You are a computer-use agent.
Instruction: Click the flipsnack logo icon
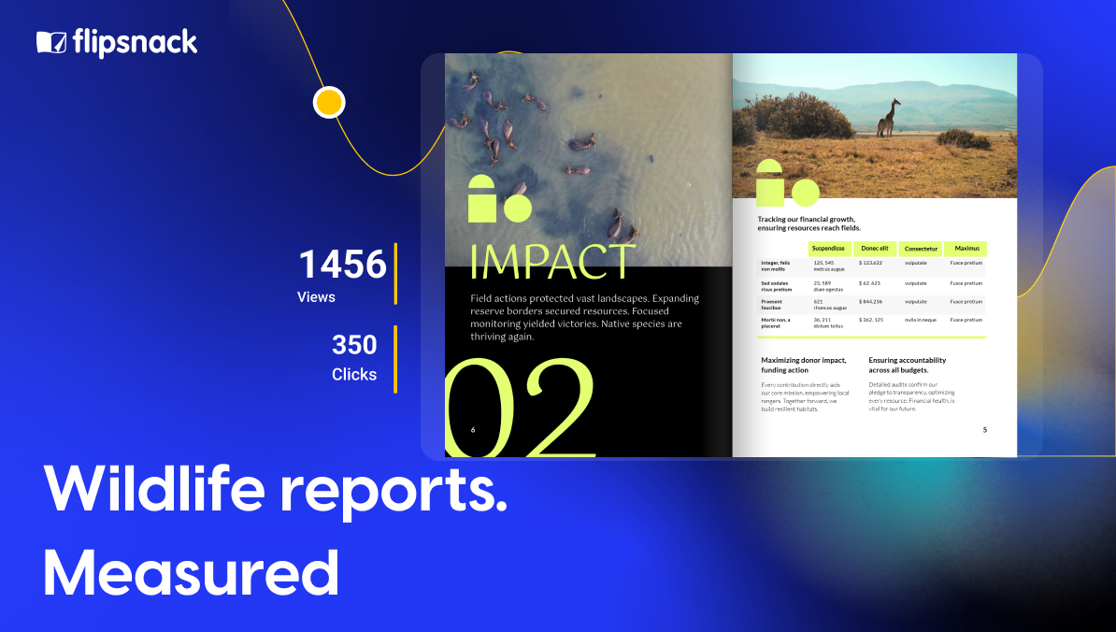click(51, 42)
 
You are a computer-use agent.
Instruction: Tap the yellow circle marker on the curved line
click(328, 102)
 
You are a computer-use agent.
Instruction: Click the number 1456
click(342, 265)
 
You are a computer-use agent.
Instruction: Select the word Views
click(316, 297)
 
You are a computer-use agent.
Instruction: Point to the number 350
click(354, 345)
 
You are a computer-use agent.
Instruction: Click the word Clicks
click(354, 375)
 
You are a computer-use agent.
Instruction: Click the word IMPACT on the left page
click(551, 263)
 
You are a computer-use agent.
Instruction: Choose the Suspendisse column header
click(828, 249)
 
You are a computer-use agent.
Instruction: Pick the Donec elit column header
click(874, 249)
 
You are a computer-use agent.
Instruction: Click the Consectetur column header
click(921, 249)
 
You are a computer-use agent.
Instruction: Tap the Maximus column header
click(966, 249)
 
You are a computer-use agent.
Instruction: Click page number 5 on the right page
click(984, 430)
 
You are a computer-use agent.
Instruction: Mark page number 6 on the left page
click(473, 430)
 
